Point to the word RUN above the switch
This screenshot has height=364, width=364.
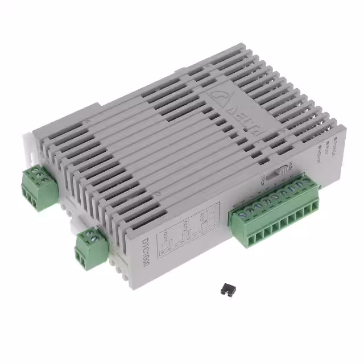click(290, 166)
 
